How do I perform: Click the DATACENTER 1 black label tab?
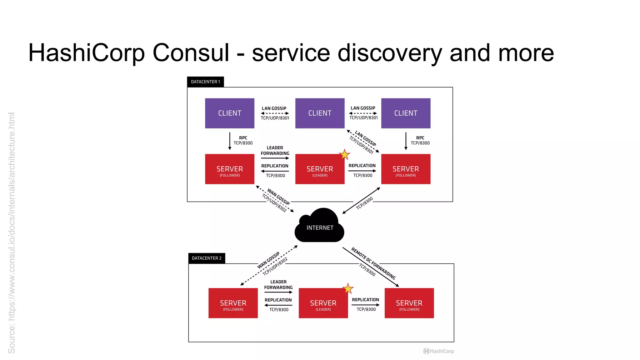(205, 82)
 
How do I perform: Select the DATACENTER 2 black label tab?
(207, 258)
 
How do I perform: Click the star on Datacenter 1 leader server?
(344, 154)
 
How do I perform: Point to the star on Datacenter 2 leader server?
(348, 288)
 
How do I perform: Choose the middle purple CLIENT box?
(320, 113)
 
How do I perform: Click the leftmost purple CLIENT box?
(229, 113)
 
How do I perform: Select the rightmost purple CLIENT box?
(406, 113)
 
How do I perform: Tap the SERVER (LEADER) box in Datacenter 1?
(320, 169)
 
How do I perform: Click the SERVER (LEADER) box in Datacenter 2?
(323, 303)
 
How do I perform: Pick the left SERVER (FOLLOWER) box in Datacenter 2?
(233, 303)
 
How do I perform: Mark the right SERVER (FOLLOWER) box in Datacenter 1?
(406, 169)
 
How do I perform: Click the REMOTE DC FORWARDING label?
(373, 263)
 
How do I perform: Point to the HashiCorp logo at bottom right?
(438, 351)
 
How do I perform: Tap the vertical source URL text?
(12, 233)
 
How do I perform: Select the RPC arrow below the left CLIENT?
(230, 141)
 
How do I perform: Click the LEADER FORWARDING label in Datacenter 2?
(278, 285)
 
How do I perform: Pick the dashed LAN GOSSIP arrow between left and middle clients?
(275, 113)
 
